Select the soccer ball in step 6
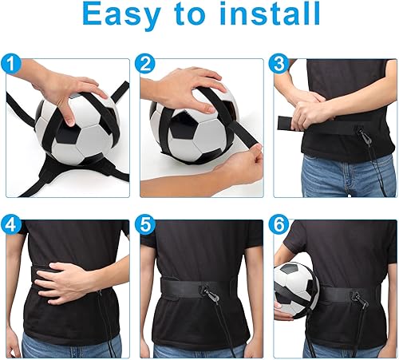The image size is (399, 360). tap(296, 290)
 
